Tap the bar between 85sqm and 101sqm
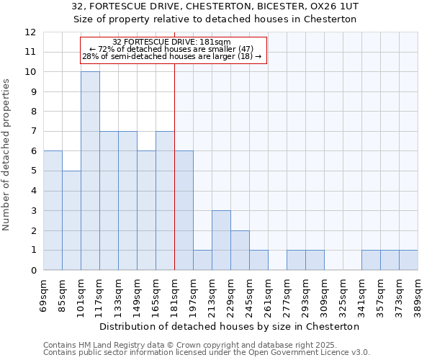tap(71, 220)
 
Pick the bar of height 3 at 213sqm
tap(221, 240)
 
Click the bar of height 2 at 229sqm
tap(240, 251)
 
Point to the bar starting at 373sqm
tap(408, 260)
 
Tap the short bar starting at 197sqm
tap(202, 260)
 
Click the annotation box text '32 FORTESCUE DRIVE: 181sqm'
tap(171, 42)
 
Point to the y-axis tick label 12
tap(30, 32)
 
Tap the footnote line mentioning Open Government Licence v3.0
tap(206, 353)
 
